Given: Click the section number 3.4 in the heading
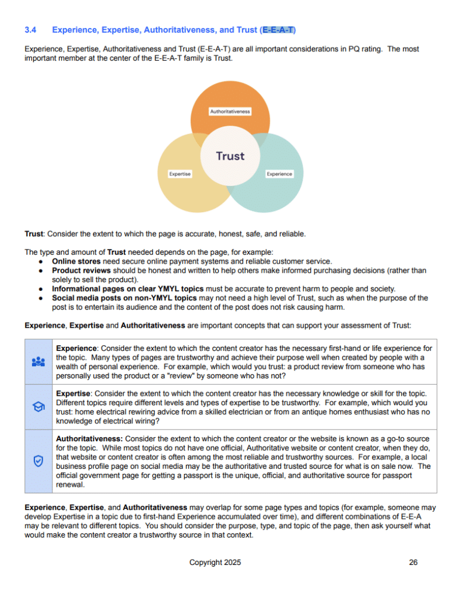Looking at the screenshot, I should tap(31, 29).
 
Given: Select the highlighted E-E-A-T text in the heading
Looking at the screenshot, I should tap(279, 29).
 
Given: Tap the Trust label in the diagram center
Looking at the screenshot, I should tap(230, 156).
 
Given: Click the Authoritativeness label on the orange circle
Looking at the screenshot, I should tap(230, 111).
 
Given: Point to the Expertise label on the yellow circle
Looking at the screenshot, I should tap(180, 174).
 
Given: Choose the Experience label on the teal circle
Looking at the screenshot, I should tap(279, 174).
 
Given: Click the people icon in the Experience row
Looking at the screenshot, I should tap(38, 361).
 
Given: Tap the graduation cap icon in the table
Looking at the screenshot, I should tap(38, 407).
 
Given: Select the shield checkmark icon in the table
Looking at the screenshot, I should tap(38, 461).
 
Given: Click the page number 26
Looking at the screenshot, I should tap(413, 563).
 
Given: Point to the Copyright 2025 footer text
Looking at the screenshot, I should tap(215, 563).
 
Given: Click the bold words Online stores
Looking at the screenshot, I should tap(76, 262).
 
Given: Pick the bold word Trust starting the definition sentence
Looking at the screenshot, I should tap(34, 234).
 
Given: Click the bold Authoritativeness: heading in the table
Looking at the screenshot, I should tap(89, 438).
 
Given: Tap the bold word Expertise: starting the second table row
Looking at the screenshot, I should tap(74, 394).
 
